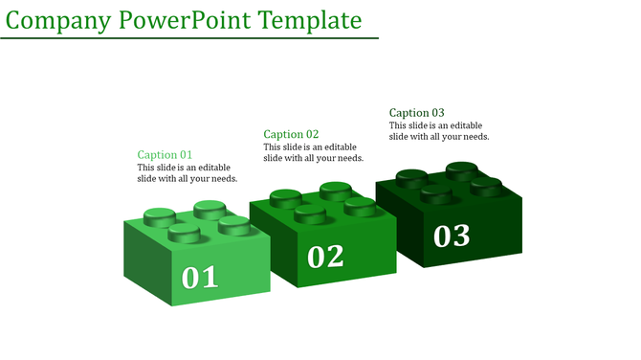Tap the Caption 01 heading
click(165, 155)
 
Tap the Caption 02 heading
click(291, 134)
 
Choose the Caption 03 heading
click(416, 113)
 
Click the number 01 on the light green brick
click(200, 278)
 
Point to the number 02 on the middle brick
click(325, 256)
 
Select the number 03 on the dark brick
click(452, 235)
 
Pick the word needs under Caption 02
click(346, 158)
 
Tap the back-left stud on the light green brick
click(159, 215)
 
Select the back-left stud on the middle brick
click(285, 197)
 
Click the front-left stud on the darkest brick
click(436, 194)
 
